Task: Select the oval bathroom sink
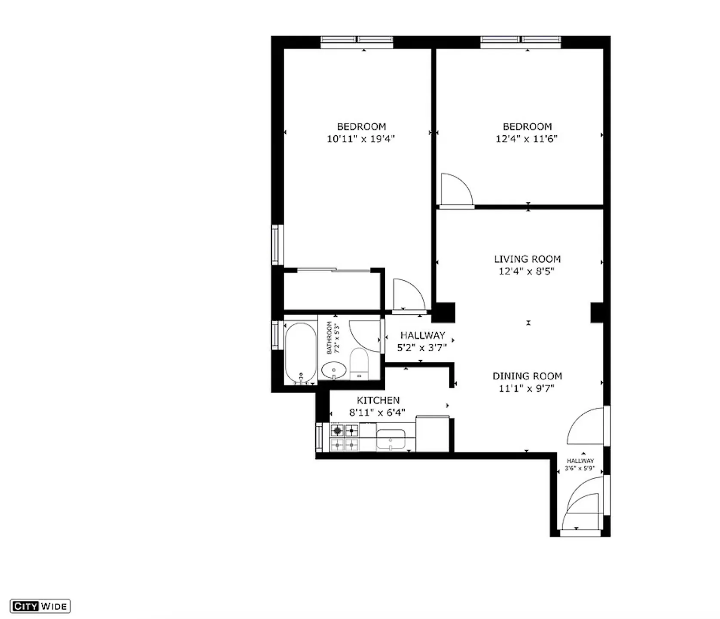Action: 334,370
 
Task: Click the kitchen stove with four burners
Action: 344,437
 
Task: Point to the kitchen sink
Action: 391,439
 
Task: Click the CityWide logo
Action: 40,606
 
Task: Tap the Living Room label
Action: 527,259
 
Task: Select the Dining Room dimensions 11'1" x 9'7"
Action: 527,388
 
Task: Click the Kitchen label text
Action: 378,400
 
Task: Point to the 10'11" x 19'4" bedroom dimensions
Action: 361,139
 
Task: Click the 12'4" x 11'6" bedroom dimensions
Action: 527,139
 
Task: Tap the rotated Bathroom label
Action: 329,338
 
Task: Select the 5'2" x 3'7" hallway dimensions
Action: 422,348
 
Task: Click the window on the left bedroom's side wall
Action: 276,245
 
